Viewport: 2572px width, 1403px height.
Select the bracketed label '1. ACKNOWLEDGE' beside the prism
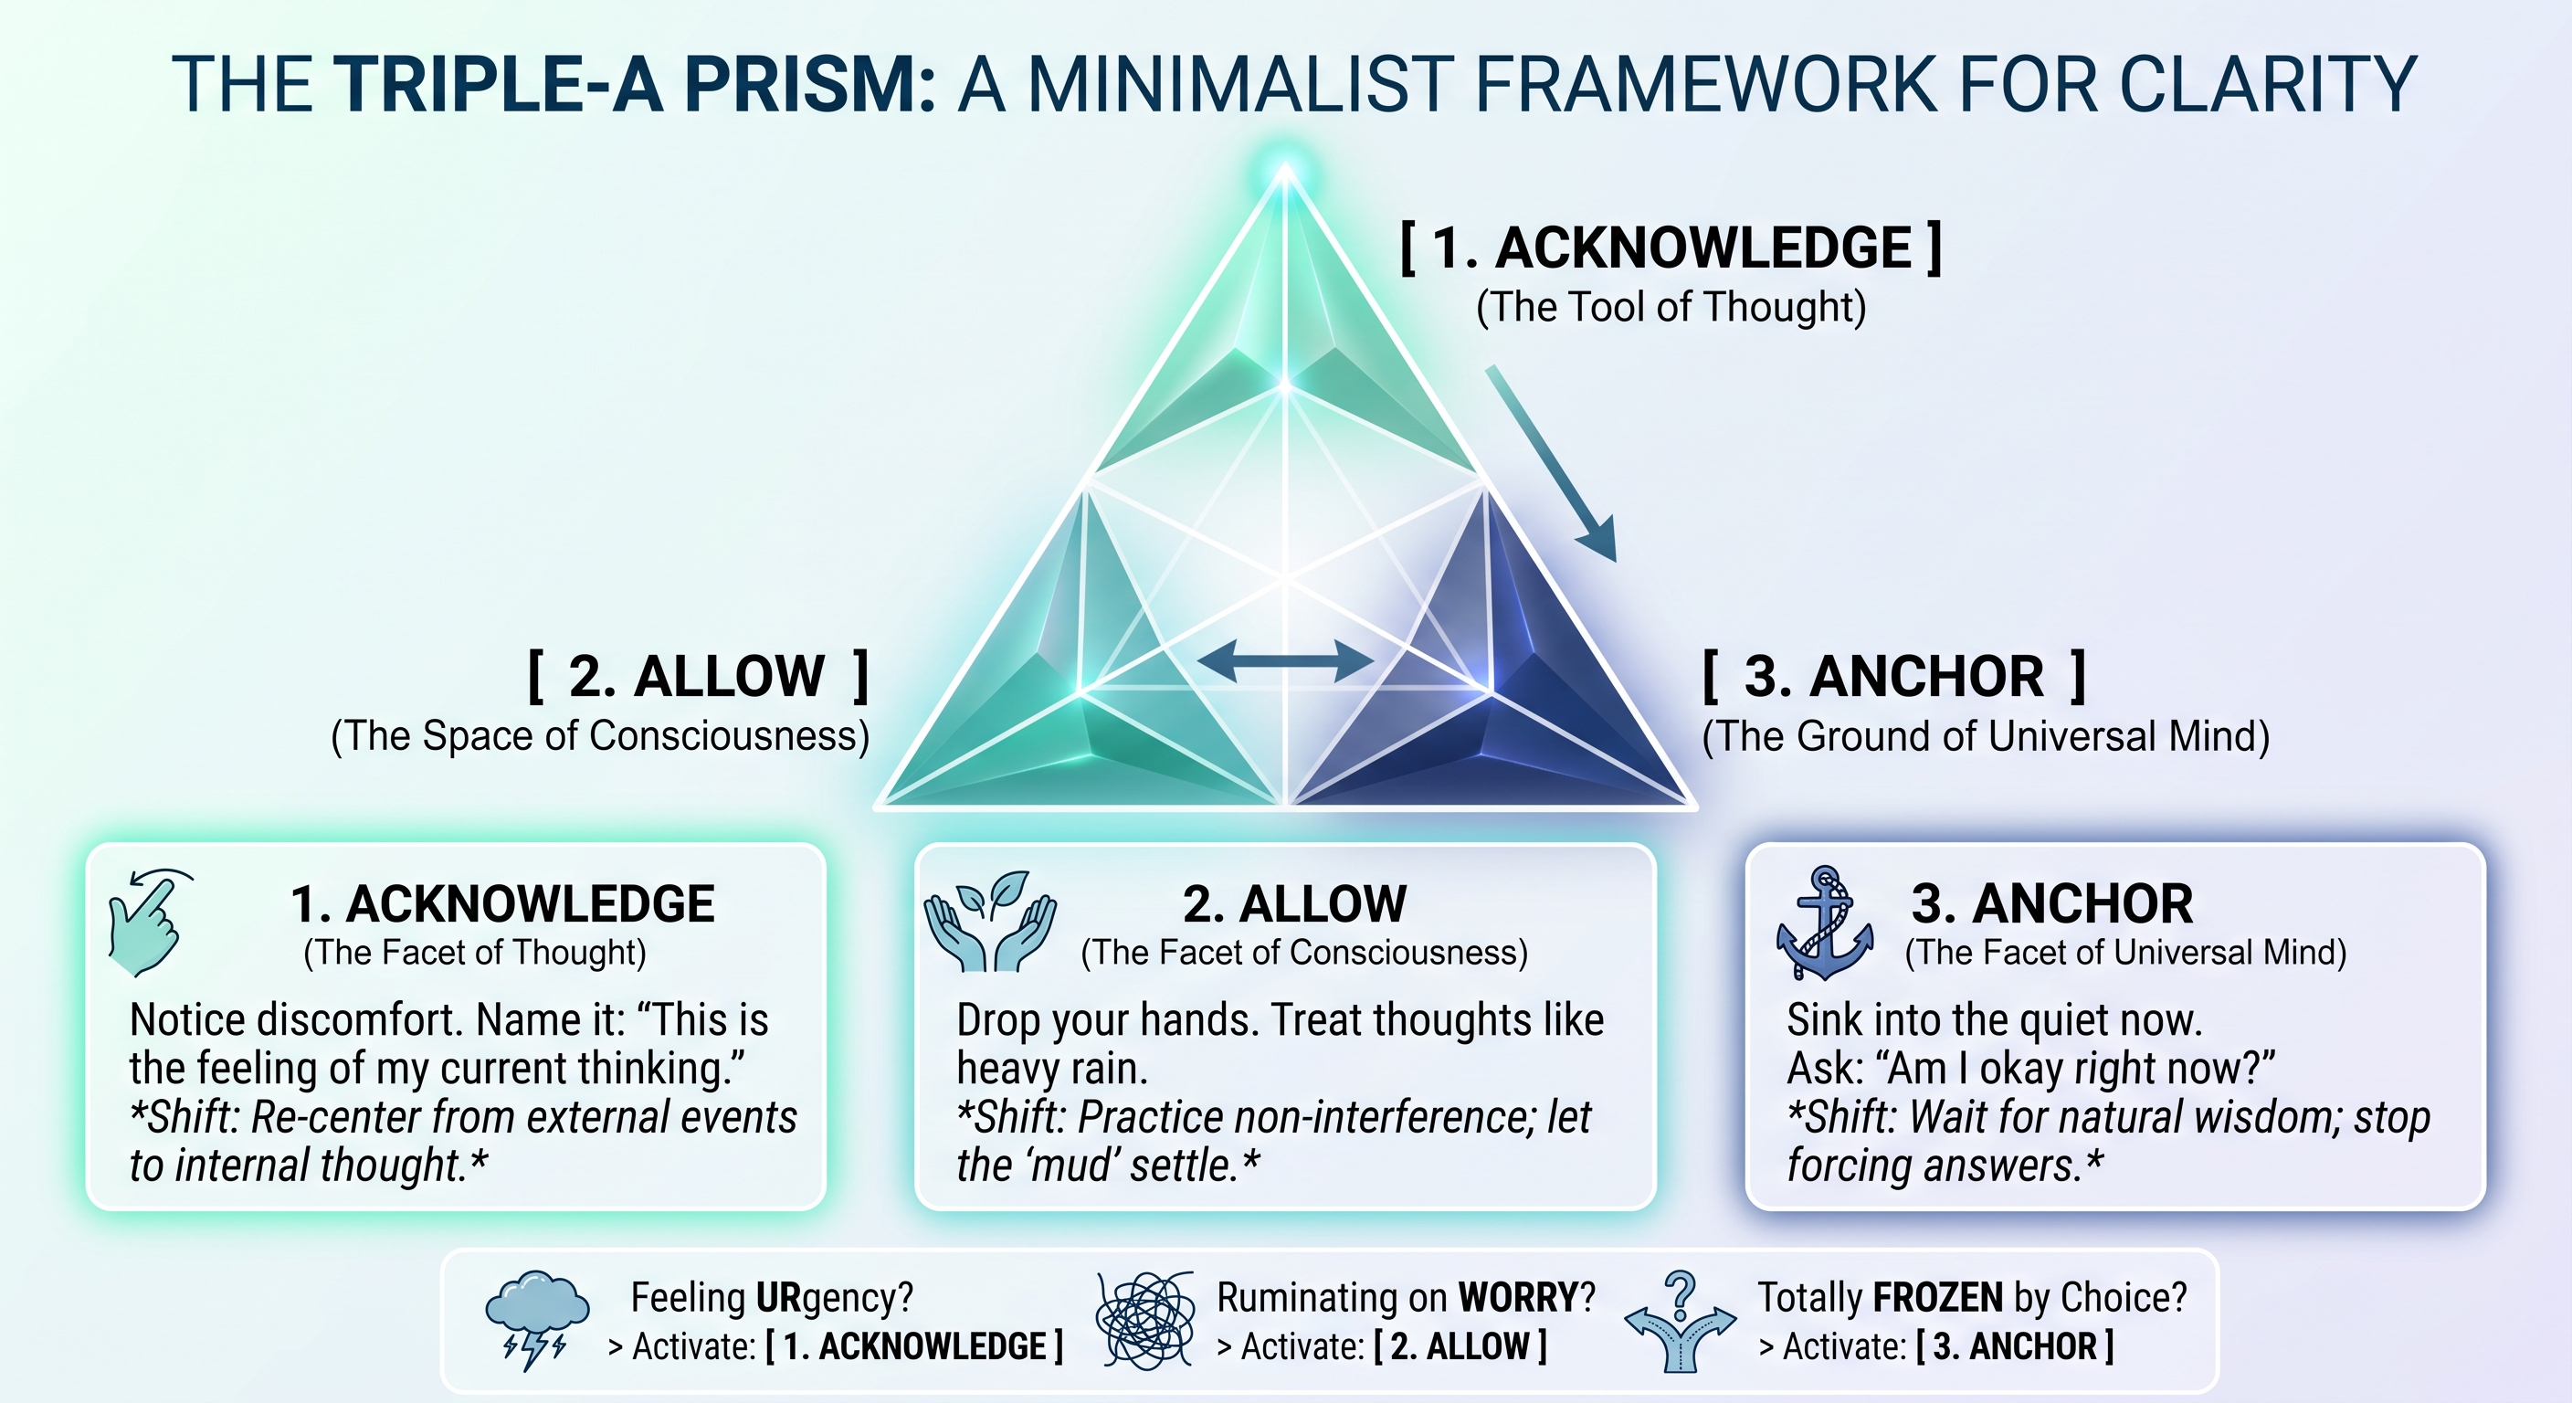[1671, 248]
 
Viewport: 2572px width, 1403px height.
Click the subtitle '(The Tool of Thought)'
[1671, 307]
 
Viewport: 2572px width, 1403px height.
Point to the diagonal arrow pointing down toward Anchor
[1551, 463]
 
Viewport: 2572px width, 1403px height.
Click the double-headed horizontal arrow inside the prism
[1285, 660]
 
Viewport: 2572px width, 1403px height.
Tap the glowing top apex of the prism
[1286, 170]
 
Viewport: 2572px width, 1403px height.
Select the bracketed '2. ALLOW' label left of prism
[698, 676]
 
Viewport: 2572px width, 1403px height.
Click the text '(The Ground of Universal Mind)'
[1986, 737]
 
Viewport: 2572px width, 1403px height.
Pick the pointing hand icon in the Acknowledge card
[150, 922]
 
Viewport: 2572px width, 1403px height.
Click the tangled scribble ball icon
[1145, 1320]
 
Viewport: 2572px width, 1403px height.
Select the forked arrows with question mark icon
[1681, 1321]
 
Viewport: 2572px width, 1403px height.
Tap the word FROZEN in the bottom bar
[1938, 1297]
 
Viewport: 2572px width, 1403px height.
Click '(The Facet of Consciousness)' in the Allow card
[1304, 953]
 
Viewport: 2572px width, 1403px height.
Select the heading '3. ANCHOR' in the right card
[2051, 903]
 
